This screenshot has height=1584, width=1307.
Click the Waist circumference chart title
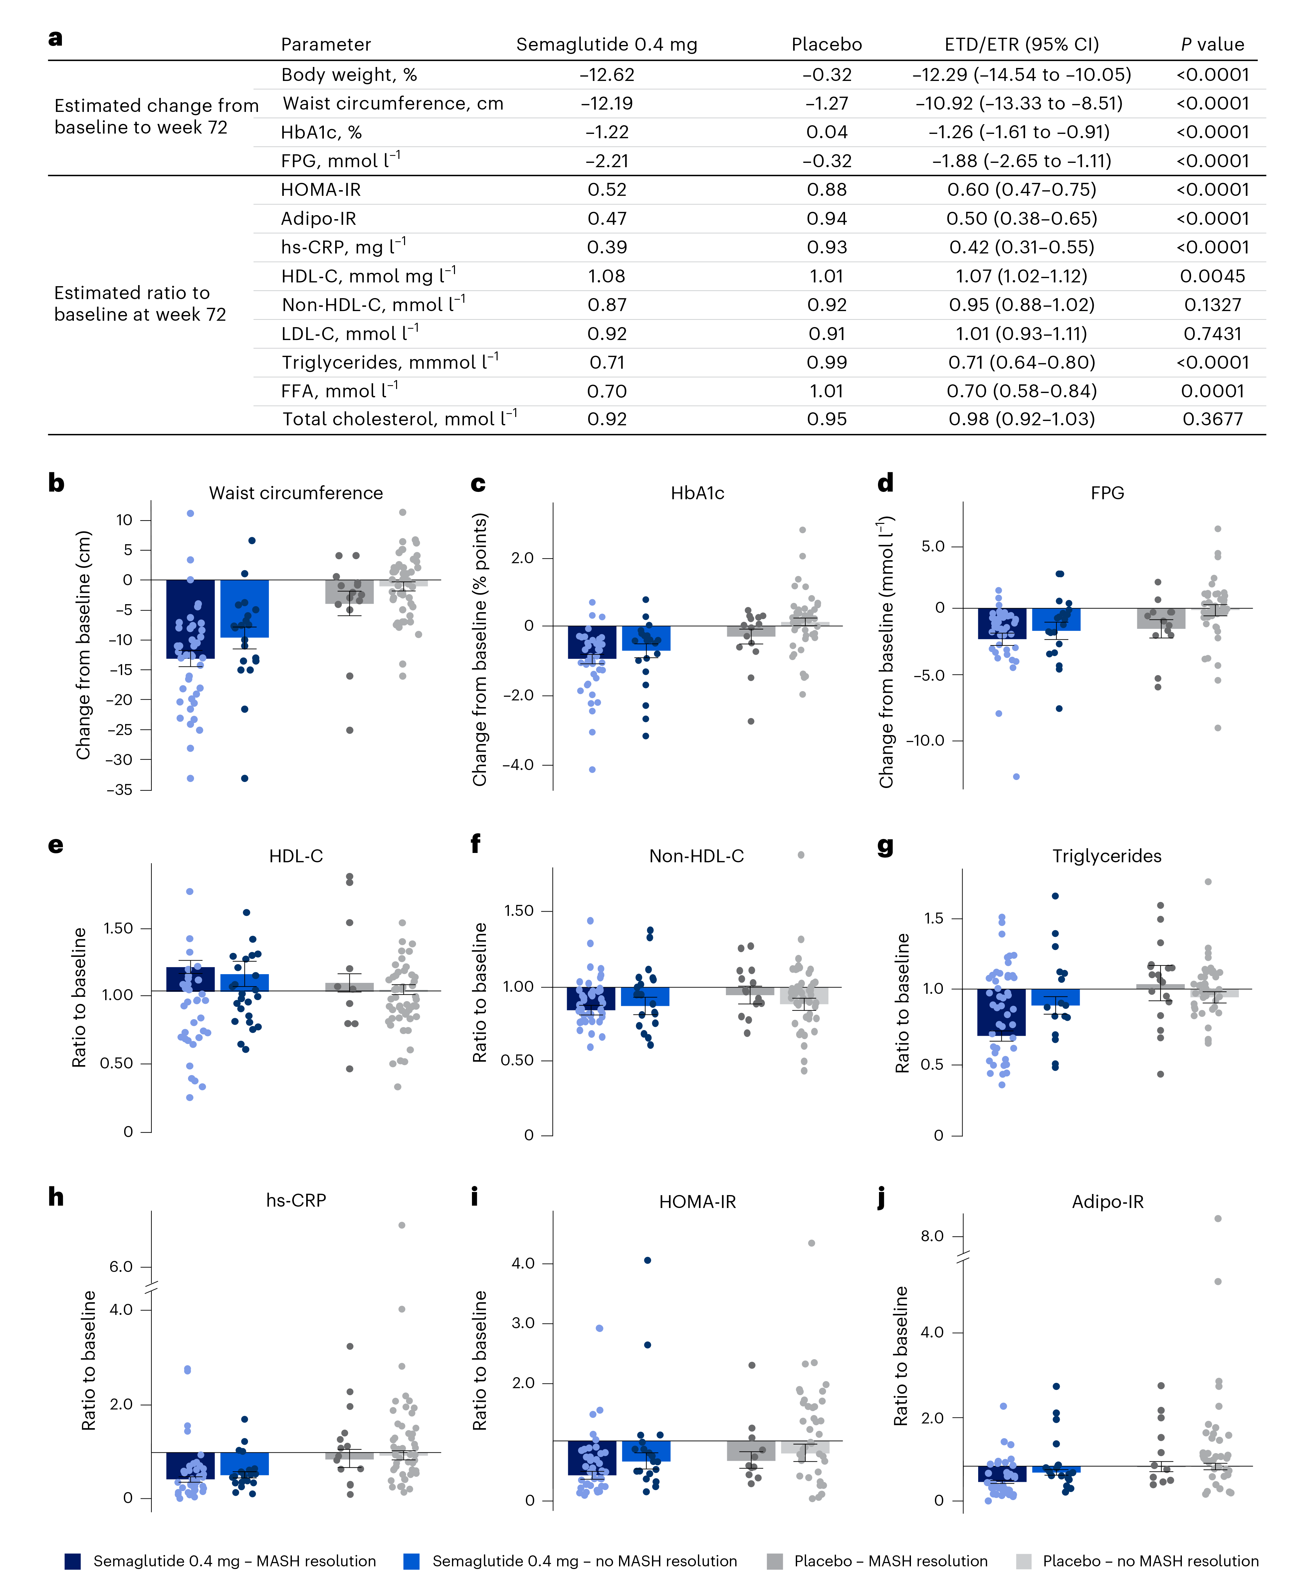click(296, 493)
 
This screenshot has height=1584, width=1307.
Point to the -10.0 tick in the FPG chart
click(925, 740)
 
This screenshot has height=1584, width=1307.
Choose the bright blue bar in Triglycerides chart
click(1055, 996)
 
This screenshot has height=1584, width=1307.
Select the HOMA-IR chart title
click(697, 1201)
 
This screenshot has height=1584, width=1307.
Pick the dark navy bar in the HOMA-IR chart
click(592, 1457)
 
